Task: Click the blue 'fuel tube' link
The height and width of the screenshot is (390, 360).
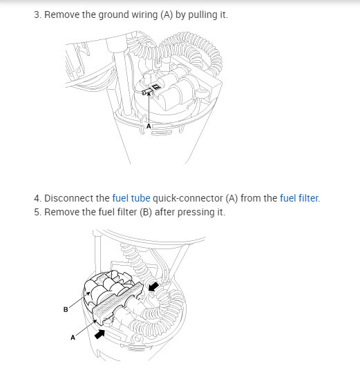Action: pos(131,198)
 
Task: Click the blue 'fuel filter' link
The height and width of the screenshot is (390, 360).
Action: pos(299,198)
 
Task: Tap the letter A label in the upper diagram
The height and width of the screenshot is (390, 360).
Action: pos(149,126)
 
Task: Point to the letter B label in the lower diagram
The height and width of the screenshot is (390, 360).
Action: pos(66,310)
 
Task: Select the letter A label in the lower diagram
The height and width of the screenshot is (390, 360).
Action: pos(73,338)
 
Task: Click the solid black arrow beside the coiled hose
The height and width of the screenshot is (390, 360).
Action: pos(153,286)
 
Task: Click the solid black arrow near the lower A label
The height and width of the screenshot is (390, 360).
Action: pos(100,333)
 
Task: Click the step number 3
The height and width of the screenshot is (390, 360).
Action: pos(37,14)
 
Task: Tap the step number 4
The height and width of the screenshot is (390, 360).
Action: pos(37,198)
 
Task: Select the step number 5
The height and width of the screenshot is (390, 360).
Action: pos(37,212)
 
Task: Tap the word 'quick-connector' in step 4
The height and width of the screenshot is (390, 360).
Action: pos(188,198)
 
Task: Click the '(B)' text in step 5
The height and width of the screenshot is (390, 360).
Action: pos(146,212)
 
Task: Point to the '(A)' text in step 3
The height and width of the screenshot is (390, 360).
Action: pos(167,14)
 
